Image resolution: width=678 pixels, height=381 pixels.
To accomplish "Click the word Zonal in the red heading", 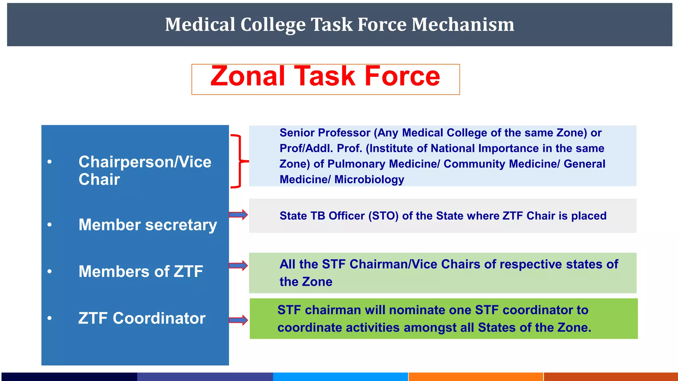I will pos(248,76).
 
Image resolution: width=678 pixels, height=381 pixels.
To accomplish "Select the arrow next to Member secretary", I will pos(238,215).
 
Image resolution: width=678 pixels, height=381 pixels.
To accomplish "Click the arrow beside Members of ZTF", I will pos(238,265).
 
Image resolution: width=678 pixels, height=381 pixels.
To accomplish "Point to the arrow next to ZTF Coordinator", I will pos(238,320).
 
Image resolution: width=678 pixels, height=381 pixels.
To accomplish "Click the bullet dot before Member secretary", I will pos(50,225).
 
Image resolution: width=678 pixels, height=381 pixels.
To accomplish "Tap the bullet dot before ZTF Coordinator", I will pos(50,318).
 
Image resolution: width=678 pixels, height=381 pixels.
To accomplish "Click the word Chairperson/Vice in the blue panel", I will pos(145,162).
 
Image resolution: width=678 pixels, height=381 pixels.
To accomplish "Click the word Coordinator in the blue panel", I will pos(159,318).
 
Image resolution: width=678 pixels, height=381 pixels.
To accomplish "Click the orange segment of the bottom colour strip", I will pos(476,377).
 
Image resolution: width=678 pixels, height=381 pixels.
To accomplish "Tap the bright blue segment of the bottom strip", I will pos(340,377).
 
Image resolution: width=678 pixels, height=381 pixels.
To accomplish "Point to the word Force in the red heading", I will pos(402,76).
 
